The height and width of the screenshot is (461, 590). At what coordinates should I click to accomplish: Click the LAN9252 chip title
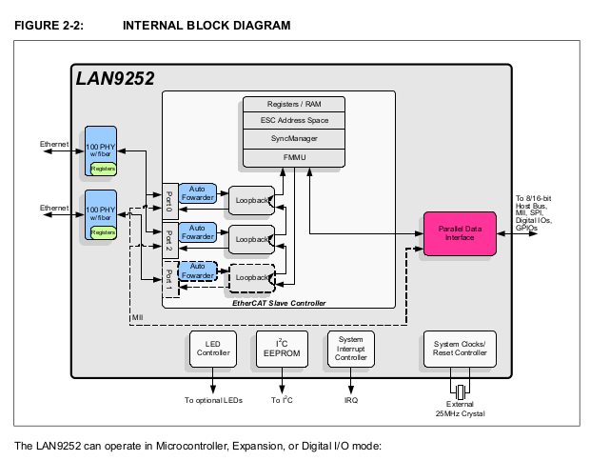point(115,78)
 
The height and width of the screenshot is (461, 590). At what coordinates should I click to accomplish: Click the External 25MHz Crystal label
point(461,410)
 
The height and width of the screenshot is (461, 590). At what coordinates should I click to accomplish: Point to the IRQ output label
point(351,400)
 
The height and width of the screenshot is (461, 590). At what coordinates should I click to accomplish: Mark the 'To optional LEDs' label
point(213,400)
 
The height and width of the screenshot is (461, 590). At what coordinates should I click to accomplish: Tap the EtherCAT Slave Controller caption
point(279,302)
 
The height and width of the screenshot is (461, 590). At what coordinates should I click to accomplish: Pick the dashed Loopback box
point(251,277)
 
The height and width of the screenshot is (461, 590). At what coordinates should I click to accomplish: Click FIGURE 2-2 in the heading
point(49,25)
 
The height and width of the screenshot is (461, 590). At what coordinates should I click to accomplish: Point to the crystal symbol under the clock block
point(461,391)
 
